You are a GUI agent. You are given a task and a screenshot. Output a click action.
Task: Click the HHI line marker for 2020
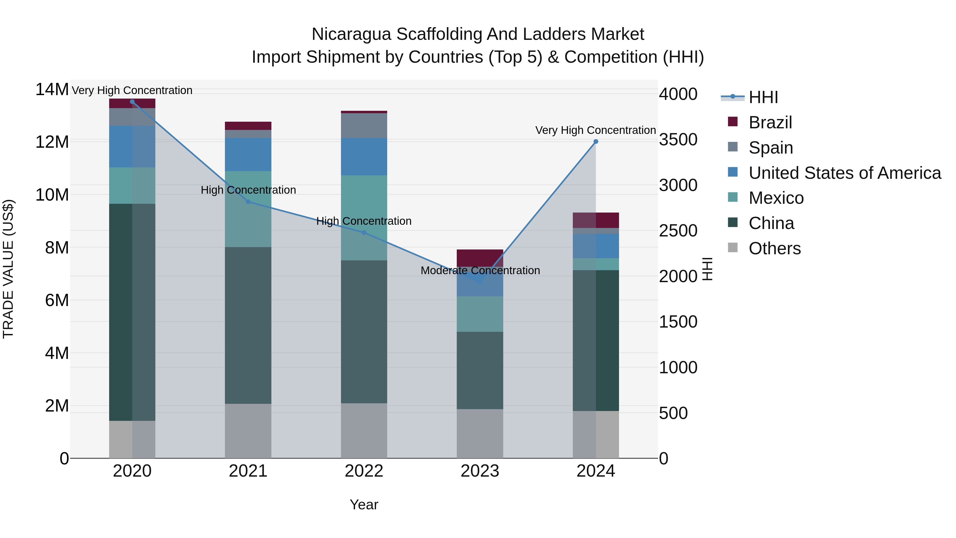click(132, 102)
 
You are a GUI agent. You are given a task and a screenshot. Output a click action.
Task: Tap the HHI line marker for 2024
click(596, 141)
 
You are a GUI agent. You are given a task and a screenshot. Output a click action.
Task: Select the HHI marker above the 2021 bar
click(248, 202)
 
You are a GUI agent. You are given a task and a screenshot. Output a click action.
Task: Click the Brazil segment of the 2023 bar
click(480, 258)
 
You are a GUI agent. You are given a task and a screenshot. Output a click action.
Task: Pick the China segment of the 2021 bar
click(248, 325)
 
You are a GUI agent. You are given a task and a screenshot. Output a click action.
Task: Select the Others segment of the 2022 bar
click(364, 431)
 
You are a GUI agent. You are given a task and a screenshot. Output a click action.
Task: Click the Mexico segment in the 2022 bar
click(364, 218)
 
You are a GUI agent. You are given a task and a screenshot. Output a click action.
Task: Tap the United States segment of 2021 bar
click(248, 154)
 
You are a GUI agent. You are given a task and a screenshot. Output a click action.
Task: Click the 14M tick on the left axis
click(52, 90)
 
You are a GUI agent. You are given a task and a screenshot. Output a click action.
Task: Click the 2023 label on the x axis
click(480, 471)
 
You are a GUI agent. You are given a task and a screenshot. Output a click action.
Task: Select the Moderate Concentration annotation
click(480, 270)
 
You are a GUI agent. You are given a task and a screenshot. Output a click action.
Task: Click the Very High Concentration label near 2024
click(595, 130)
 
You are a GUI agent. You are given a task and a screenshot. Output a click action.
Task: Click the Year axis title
click(364, 505)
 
